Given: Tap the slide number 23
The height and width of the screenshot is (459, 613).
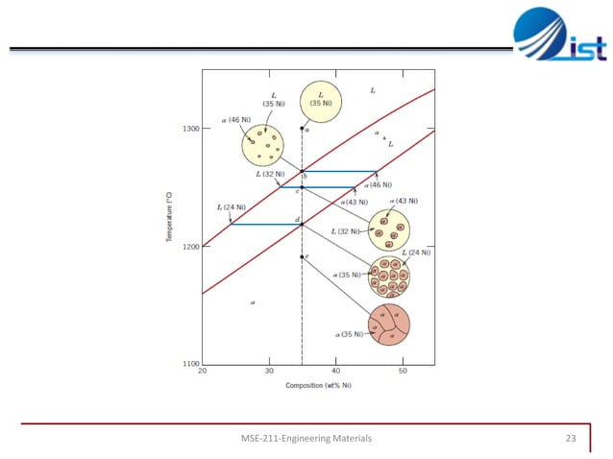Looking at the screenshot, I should click(x=570, y=438).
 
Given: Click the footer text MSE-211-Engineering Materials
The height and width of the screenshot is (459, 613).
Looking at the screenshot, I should click(x=306, y=438).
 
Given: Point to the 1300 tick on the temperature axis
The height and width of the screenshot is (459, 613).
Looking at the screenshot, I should click(x=189, y=129).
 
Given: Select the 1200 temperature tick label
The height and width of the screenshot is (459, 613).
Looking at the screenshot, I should click(x=189, y=247).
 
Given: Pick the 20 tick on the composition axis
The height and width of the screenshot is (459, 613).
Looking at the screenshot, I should click(x=203, y=372).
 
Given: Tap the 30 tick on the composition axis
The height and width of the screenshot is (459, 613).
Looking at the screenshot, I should click(x=270, y=372).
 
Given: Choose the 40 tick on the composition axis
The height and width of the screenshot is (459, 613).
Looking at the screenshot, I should click(x=336, y=372).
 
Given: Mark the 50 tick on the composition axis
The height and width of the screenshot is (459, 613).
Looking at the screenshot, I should click(x=403, y=372).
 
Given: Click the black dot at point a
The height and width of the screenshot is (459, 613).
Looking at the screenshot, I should click(x=303, y=129).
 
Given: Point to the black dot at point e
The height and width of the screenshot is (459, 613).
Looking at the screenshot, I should click(x=303, y=256).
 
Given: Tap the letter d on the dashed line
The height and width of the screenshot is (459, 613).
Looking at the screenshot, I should click(x=297, y=220).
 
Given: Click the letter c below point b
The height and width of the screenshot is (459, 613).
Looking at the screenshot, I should click(x=297, y=192).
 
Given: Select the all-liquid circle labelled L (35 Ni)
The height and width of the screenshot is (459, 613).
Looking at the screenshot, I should click(x=320, y=101).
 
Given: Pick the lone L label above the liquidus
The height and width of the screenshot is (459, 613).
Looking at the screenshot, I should click(x=373, y=90).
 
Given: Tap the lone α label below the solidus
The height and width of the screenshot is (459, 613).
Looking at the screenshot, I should click(x=253, y=302).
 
